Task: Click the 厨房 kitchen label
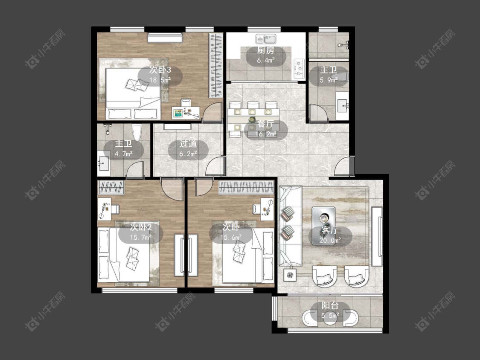[265, 50]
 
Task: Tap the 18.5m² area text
[160, 80]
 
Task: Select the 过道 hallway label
[188, 144]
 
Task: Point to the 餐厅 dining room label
[265, 124]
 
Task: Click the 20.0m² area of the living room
[330, 240]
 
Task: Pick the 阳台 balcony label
[330, 305]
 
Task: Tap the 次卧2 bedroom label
[140, 227]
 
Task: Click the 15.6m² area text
[231, 237]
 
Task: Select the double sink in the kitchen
[266, 39]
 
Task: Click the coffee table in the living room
[323, 226]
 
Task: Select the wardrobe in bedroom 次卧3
[216, 66]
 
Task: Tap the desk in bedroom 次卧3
[186, 112]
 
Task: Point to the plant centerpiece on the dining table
[252, 119]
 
